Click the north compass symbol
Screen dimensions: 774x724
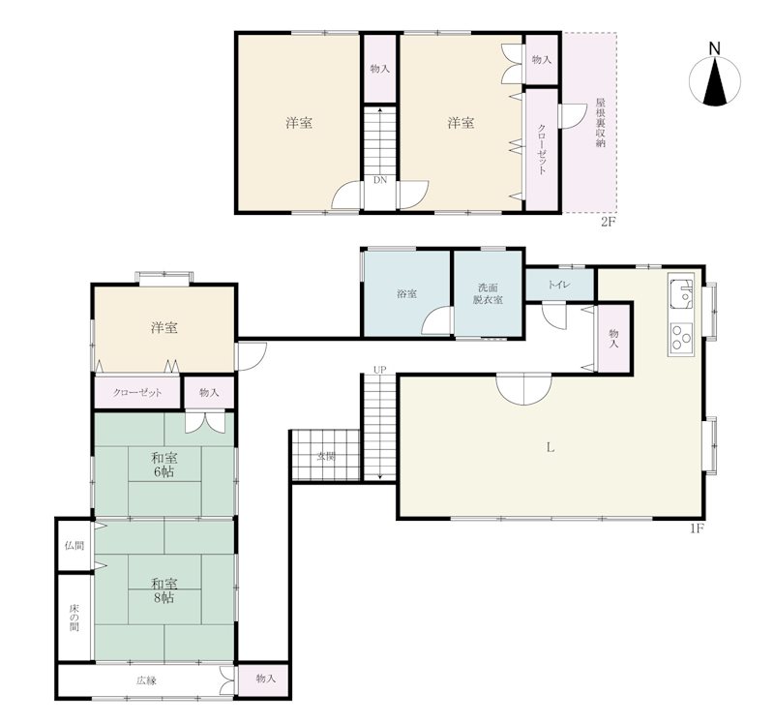pyautogui.click(x=715, y=80)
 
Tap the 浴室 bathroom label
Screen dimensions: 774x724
pyautogui.click(x=406, y=294)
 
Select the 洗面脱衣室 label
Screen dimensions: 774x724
pyautogui.click(x=488, y=293)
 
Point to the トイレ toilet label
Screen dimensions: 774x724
pyautogui.click(x=559, y=285)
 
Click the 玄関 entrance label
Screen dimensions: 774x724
pyautogui.click(x=325, y=456)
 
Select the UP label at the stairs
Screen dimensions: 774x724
pyautogui.click(x=379, y=370)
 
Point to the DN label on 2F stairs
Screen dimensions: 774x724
pyautogui.click(x=380, y=180)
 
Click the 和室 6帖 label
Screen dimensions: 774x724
pyautogui.click(x=164, y=465)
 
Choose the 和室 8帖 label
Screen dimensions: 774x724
pyautogui.click(x=164, y=590)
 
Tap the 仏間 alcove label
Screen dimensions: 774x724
pyautogui.click(x=74, y=546)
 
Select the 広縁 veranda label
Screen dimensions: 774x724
pyautogui.click(x=146, y=680)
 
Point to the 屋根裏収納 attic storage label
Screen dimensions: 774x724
pyautogui.click(x=601, y=123)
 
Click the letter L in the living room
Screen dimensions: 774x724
pyautogui.click(x=551, y=448)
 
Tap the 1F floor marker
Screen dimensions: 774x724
pyautogui.click(x=697, y=528)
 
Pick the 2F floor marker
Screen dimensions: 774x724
pyautogui.click(x=609, y=222)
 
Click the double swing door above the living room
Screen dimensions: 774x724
pyautogui.click(x=523, y=389)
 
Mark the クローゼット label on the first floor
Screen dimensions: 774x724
pyautogui.click(x=137, y=393)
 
